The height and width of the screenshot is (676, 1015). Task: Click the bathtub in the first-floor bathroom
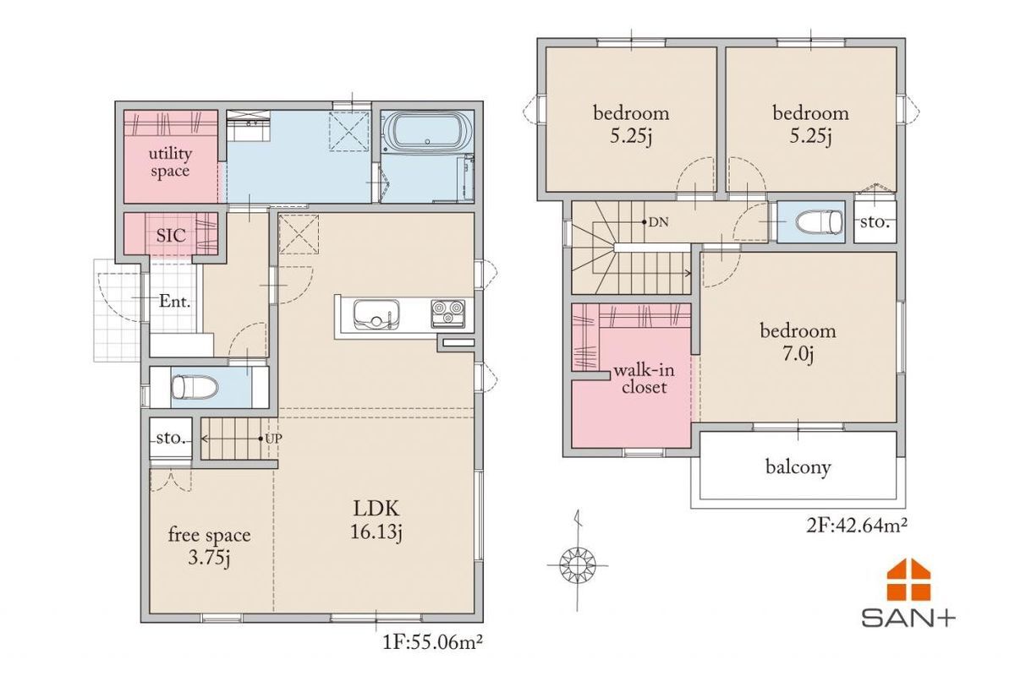click(427, 131)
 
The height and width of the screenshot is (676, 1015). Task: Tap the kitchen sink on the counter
click(376, 313)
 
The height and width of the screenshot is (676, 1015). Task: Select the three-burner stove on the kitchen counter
click(447, 313)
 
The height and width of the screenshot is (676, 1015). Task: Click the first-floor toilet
click(195, 387)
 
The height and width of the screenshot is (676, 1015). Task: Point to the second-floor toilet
click(820, 222)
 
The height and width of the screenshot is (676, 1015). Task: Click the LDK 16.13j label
click(376, 521)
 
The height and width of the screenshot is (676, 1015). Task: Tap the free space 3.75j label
click(210, 547)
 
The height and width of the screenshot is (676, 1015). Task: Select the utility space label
click(170, 162)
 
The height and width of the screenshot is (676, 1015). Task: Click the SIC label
click(171, 236)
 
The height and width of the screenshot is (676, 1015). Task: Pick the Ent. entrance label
click(174, 301)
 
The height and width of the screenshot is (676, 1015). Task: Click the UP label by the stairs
click(274, 439)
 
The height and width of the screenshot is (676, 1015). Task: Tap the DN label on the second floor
click(658, 222)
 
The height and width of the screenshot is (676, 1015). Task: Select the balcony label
click(798, 466)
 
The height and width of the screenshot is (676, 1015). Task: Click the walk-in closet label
click(644, 379)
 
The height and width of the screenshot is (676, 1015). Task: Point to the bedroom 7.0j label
click(798, 342)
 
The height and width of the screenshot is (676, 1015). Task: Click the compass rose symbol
click(577, 565)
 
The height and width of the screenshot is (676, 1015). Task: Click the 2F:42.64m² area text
click(857, 526)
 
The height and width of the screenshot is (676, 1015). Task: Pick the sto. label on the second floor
click(875, 222)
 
